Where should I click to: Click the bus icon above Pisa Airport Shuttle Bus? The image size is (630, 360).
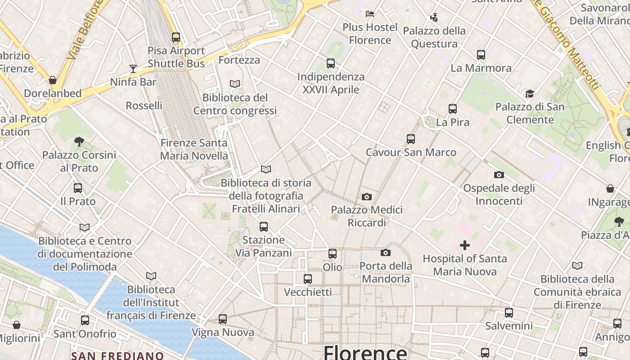(176, 37)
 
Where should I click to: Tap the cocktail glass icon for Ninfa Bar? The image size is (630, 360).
(133, 69)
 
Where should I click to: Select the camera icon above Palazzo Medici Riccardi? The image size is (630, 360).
(367, 197)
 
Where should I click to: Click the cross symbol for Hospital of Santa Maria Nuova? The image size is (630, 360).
(465, 245)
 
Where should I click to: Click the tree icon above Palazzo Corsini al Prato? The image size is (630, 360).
(79, 142)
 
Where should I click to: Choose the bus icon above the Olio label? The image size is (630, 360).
(333, 254)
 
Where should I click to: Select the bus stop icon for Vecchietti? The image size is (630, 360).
(308, 279)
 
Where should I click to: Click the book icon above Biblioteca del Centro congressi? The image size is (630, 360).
(235, 84)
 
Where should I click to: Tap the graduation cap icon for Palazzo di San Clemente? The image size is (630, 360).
(530, 94)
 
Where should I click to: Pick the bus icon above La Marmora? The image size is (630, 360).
(481, 55)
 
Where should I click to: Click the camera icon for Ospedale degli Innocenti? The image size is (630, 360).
(499, 175)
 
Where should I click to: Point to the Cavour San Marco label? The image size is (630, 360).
(411, 153)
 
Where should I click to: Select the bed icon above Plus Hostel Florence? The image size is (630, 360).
(370, 14)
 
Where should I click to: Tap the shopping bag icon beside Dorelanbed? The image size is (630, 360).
(53, 81)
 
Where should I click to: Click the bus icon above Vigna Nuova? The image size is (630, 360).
(223, 319)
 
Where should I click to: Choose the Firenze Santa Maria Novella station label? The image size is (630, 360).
(194, 149)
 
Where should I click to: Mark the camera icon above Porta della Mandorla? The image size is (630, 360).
(386, 252)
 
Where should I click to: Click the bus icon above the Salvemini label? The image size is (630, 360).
(509, 312)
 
